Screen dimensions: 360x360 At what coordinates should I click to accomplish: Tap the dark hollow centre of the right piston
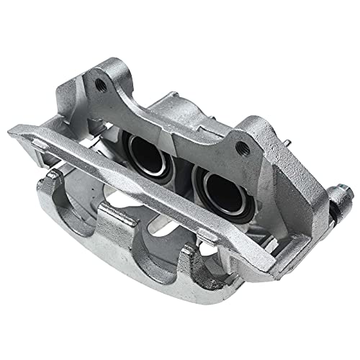(220, 189)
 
